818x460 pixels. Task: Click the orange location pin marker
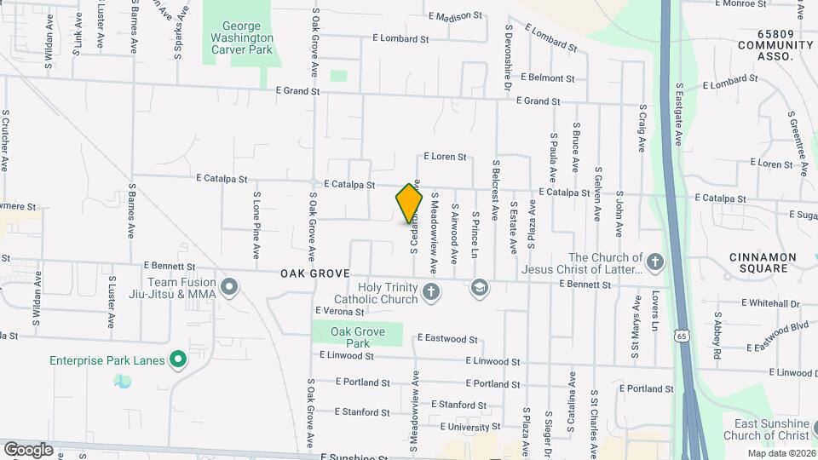click(410, 204)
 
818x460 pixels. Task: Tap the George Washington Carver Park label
click(242, 38)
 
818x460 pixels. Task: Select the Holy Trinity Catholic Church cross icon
click(432, 294)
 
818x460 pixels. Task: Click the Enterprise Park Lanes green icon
click(178, 361)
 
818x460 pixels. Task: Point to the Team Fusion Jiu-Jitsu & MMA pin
click(229, 288)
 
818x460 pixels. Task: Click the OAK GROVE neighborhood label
click(315, 273)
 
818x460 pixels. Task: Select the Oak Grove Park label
click(358, 337)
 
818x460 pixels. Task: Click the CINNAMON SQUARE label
click(763, 262)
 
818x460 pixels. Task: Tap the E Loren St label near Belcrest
click(445, 157)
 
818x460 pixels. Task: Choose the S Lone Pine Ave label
click(256, 225)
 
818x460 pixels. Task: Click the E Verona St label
click(339, 311)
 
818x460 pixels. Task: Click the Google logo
click(28, 449)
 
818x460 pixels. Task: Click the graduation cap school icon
click(479, 288)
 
